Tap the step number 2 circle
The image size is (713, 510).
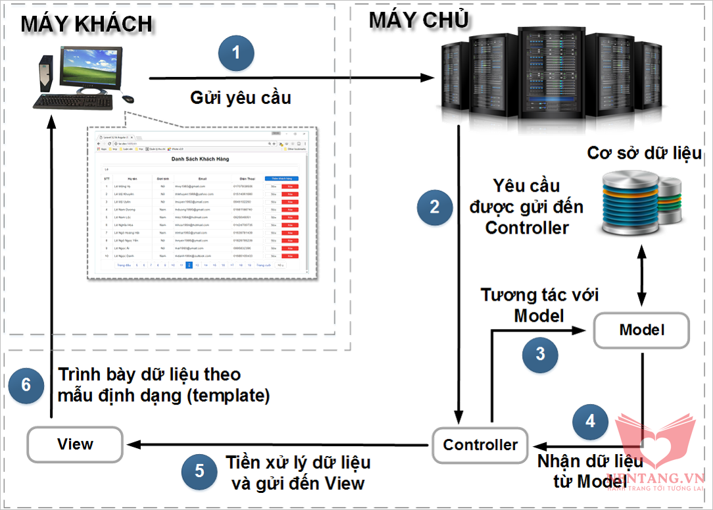coord(434,207)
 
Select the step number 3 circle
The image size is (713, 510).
coord(540,354)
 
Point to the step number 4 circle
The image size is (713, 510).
coord(590,421)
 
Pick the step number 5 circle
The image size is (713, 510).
coord(199,471)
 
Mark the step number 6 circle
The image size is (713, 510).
coord(26,384)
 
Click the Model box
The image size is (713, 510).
coord(641,330)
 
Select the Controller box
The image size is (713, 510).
coord(480,445)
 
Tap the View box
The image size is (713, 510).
coord(75,444)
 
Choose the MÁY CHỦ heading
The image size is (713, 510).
coord(418,20)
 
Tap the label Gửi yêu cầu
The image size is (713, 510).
coord(241,99)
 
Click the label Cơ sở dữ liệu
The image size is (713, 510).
coord(645,153)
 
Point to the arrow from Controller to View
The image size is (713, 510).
coord(276,445)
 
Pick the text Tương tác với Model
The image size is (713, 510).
coord(539,305)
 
